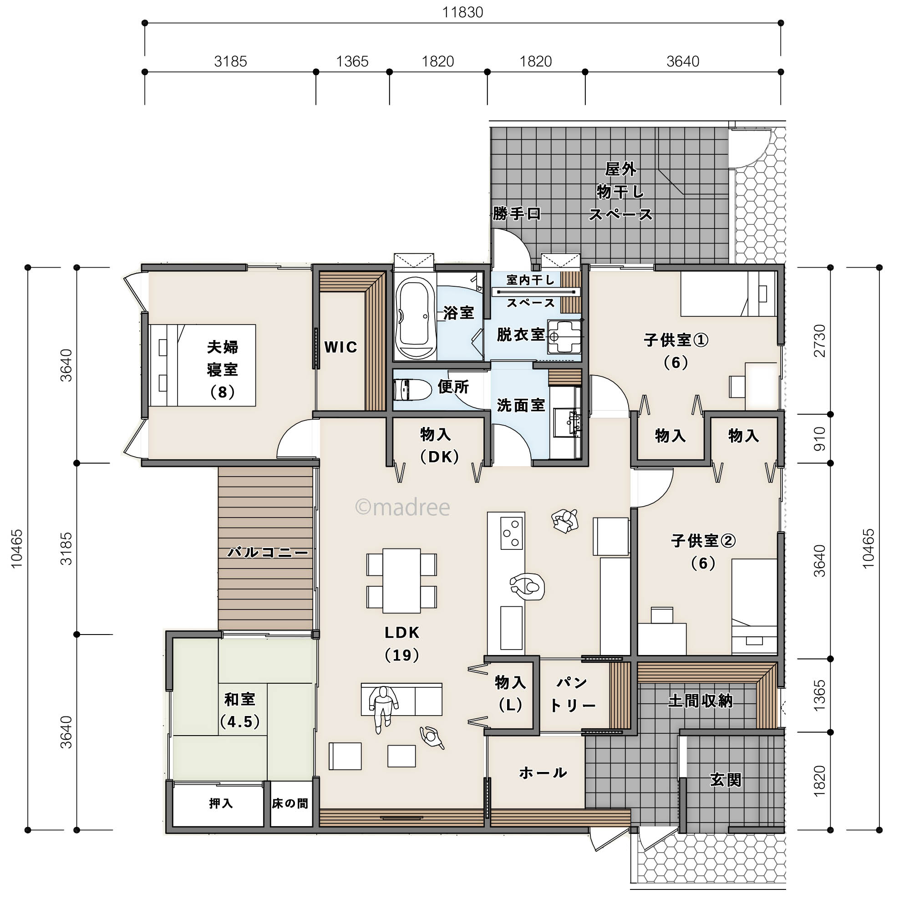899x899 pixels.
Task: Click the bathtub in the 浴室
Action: point(415,317)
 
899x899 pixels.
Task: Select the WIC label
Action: point(340,347)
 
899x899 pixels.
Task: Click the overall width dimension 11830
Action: point(462,12)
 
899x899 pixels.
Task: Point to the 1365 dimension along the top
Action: point(352,61)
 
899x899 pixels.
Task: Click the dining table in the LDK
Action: point(401,580)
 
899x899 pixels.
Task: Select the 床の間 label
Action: point(290,803)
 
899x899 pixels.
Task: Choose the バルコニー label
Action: point(268,552)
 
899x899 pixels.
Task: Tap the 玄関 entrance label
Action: point(726,779)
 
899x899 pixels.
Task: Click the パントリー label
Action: point(572,694)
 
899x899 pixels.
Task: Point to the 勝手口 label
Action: point(517,213)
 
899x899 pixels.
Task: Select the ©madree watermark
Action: point(402,507)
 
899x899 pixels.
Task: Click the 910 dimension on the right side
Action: point(819,438)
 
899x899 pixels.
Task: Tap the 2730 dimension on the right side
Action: point(819,340)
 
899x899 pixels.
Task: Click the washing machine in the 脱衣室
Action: point(564,336)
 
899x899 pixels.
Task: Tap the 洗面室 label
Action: point(521,405)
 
